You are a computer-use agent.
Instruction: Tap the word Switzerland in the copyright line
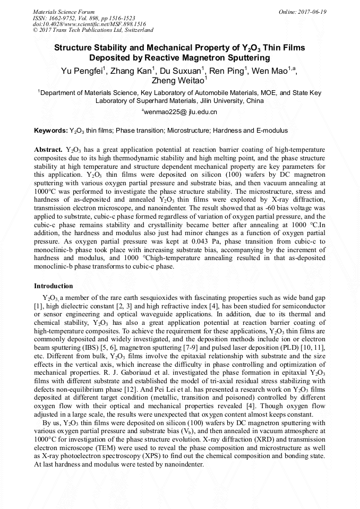coord(137,30)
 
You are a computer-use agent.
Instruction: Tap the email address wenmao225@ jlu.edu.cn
coord(181,112)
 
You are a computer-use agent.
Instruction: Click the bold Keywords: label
coord(51,131)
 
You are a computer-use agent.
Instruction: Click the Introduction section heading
coord(54,286)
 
